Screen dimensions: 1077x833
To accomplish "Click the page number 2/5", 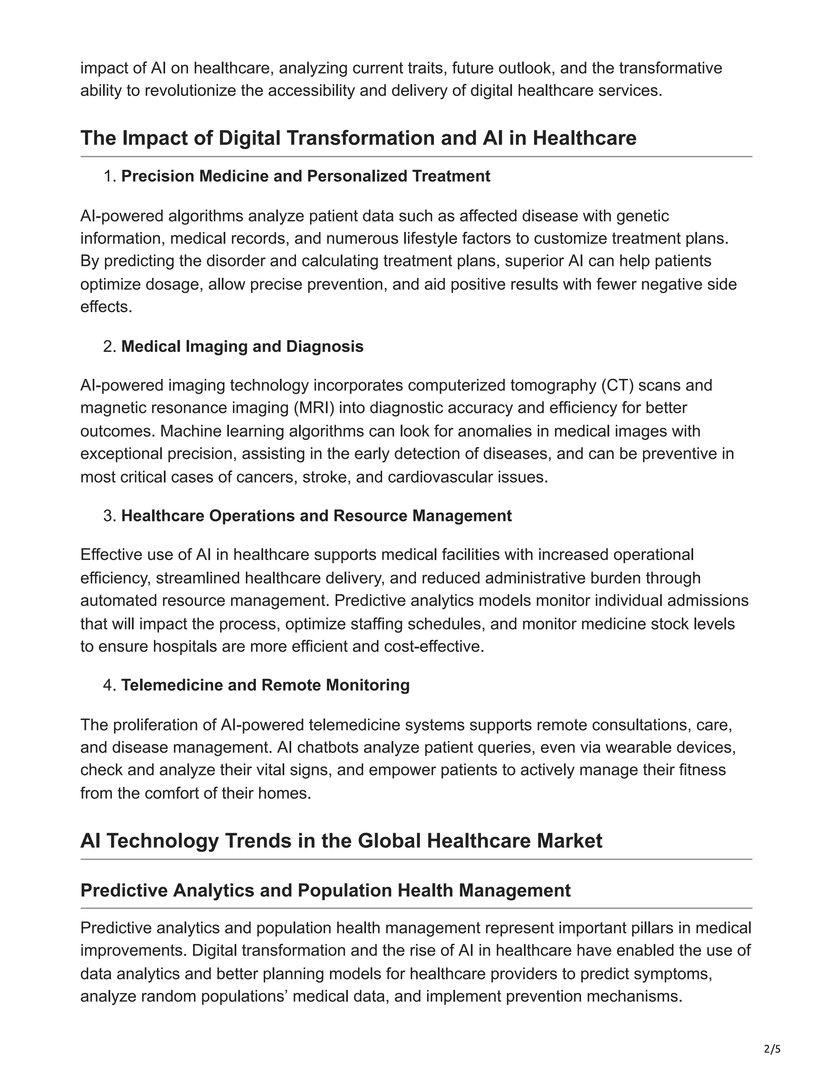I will tap(772, 1049).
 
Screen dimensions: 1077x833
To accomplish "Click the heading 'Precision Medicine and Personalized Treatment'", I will tap(305, 176).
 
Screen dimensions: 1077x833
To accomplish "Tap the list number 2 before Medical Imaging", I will tap(108, 347).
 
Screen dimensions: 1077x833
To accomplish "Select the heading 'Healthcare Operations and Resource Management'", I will tap(316, 516).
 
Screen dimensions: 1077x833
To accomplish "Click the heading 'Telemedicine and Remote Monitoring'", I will tap(266, 685).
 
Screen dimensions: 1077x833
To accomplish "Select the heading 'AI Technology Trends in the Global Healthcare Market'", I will tap(341, 841).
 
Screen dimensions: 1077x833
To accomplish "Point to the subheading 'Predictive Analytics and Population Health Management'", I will tap(325, 890).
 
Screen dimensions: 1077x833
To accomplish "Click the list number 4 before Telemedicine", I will tap(108, 685).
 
